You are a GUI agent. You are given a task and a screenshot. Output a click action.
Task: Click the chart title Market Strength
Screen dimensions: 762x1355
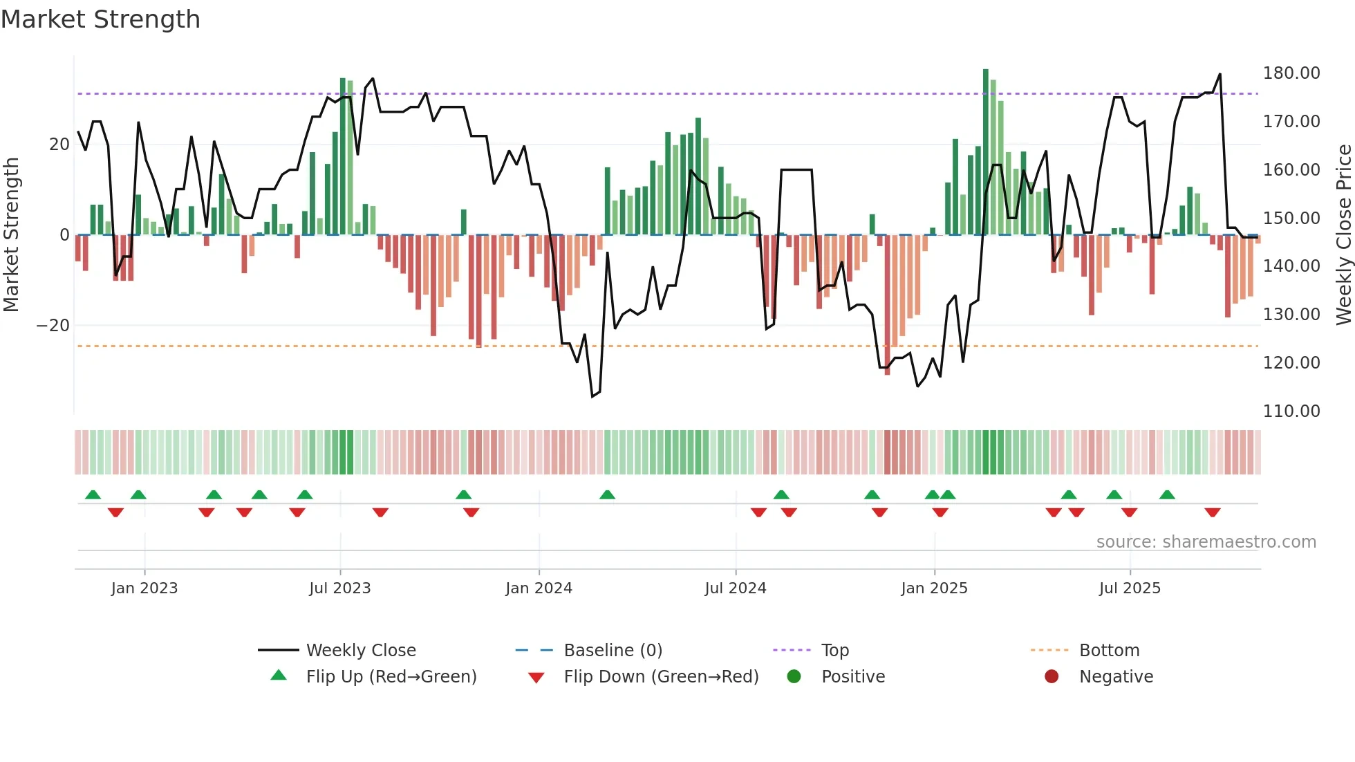coord(101,19)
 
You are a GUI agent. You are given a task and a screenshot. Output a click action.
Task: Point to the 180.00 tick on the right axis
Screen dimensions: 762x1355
coord(1291,73)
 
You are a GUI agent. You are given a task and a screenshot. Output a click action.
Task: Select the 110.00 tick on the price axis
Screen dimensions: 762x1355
coord(1291,411)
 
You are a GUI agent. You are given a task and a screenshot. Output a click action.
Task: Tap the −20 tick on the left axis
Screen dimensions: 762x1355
coord(53,326)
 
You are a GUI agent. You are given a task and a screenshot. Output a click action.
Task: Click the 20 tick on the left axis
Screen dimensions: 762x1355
coord(59,145)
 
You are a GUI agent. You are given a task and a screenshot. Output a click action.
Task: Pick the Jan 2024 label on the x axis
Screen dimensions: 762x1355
coord(539,588)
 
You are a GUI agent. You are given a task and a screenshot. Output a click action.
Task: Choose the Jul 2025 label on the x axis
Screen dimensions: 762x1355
coord(1130,588)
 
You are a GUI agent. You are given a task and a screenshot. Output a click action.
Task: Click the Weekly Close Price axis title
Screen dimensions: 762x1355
coord(1343,235)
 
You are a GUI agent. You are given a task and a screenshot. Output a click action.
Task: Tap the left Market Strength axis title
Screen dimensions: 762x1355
coord(12,235)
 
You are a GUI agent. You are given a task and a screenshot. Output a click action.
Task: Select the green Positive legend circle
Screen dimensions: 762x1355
coord(794,677)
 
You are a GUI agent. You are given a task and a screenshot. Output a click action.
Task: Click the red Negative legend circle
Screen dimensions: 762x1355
coord(1052,677)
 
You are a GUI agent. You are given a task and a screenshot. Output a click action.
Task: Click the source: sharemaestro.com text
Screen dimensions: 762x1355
coord(1206,542)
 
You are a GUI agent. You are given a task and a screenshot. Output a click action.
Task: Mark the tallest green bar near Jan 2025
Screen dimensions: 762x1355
coord(986,152)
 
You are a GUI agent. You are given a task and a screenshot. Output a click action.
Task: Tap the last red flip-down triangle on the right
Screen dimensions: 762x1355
coord(1212,512)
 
